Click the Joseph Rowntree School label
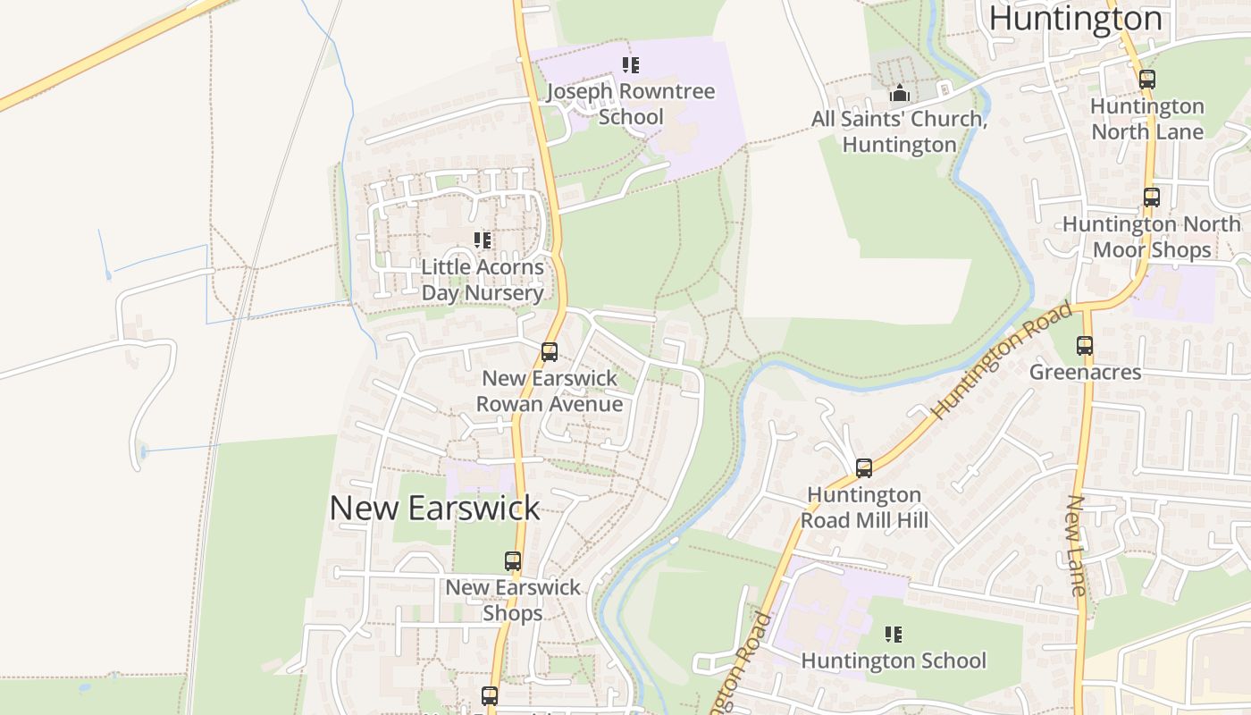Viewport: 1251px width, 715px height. pyautogui.click(x=631, y=104)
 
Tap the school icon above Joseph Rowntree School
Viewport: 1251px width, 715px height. pyautogui.click(x=631, y=65)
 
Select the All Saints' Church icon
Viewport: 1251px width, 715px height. pyautogui.click(x=899, y=93)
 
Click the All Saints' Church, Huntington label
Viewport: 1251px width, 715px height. pyautogui.click(x=899, y=131)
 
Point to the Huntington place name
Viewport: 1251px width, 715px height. pyautogui.click(x=1075, y=18)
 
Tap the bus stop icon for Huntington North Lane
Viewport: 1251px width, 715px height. pyautogui.click(x=1147, y=80)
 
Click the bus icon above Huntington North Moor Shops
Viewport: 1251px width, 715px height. pyautogui.click(x=1152, y=198)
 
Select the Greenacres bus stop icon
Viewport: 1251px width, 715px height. pyautogui.click(x=1085, y=346)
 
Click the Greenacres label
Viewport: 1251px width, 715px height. pyautogui.click(x=1085, y=372)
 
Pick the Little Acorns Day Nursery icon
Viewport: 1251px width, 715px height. pyautogui.click(x=483, y=240)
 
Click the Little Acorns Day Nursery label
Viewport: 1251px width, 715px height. pyautogui.click(x=483, y=280)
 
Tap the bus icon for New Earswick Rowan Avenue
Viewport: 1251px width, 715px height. pyautogui.click(x=550, y=352)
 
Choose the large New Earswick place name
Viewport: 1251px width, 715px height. pyautogui.click(x=434, y=508)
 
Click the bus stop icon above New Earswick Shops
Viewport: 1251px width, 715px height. pyautogui.click(x=513, y=561)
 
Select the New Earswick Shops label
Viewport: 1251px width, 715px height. pyautogui.click(x=513, y=600)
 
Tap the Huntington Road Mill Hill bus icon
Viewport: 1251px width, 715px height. pyautogui.click(x=864, y=468)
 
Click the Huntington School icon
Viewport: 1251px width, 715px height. pyautogui.click(x=893, y=635)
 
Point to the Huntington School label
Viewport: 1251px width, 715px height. pyautogui.click(x=893, y=660)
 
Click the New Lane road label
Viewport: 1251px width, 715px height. pyautogui.click(x=1078, y=545)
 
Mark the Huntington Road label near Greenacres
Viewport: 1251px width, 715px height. pyautogui.click(x=1002, y=361)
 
